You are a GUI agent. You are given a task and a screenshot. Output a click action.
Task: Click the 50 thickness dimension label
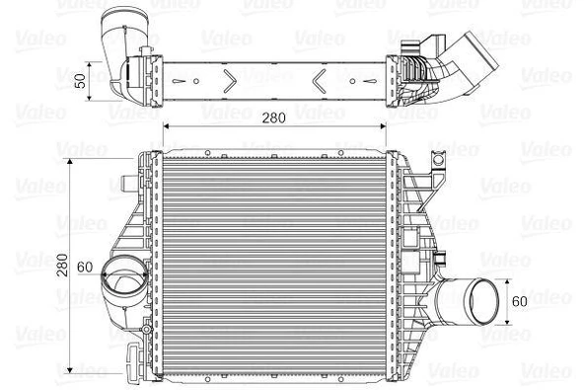pos(82,78)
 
